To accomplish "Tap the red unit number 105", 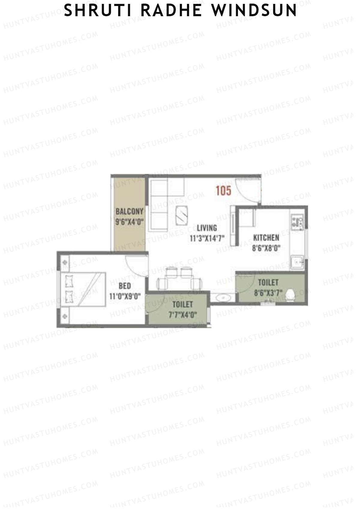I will [223, 191].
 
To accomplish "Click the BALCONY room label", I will [129, 211].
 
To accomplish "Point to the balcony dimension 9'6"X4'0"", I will [129, 222].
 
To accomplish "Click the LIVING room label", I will [207, 228].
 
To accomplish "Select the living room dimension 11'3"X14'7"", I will [207, 238].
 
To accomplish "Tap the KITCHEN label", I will [266, 238].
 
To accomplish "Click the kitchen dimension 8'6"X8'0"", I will [266, 248].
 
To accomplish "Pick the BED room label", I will [124, 286].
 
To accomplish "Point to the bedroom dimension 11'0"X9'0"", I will [125, 297].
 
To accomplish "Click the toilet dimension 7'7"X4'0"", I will [182, 315].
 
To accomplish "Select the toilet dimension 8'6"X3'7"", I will [268, 293].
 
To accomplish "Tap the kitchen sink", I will [297, 263].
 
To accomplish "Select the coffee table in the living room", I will [182, 214].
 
